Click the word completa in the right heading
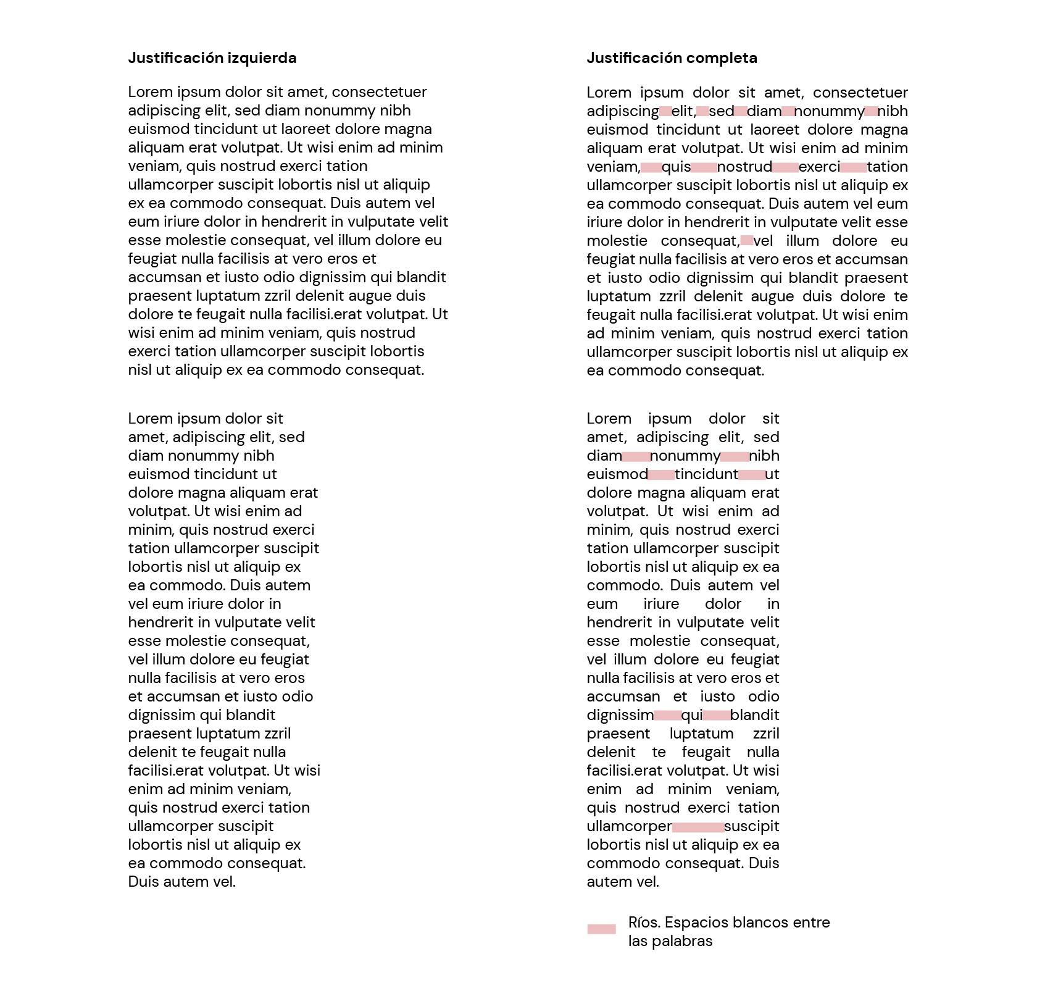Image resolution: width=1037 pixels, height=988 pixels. pyautogui.click(x=722, y=58)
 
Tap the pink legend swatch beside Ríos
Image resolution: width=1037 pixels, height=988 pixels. pyautogui.click(x=601, y=929)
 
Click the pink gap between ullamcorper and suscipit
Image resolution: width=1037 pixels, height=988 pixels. pyautogui.click(x=698, y=827)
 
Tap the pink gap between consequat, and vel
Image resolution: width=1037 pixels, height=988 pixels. pyautogui.click(x=746, y=241)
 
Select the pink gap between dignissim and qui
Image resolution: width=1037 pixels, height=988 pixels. pyautogui.click(x=667, y=716)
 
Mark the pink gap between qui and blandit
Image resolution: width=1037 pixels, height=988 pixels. pyautogui.click(x=716, y=716)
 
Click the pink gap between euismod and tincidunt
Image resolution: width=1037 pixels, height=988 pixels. pyautogui.click(x=662, y=475)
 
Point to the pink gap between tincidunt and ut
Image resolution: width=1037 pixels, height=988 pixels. pyautogui.click(x=752, y=475)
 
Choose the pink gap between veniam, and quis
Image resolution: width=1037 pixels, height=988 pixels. pyautogui.click(x=651, y=167)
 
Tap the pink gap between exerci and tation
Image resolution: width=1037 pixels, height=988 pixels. pyautogui.click(x=854, y=167)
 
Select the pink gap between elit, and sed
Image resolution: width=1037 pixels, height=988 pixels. pyautogui.click(x=702, y=112)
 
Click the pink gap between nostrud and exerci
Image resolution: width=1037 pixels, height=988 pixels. pyautogui.click(x=785, y=167)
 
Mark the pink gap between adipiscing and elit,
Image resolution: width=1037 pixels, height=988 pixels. pyautogui.click(x=665, y=112)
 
